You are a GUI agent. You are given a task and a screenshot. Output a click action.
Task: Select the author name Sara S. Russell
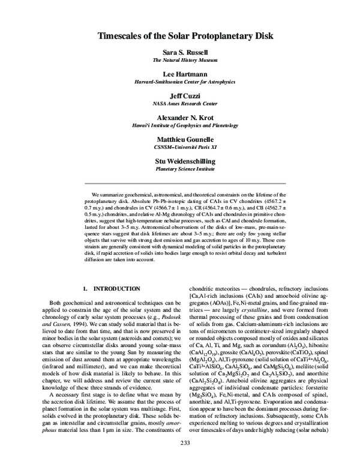180,53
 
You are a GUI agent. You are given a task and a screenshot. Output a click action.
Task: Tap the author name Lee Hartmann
180,74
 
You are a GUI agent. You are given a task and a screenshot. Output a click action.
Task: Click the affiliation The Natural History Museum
180,61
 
